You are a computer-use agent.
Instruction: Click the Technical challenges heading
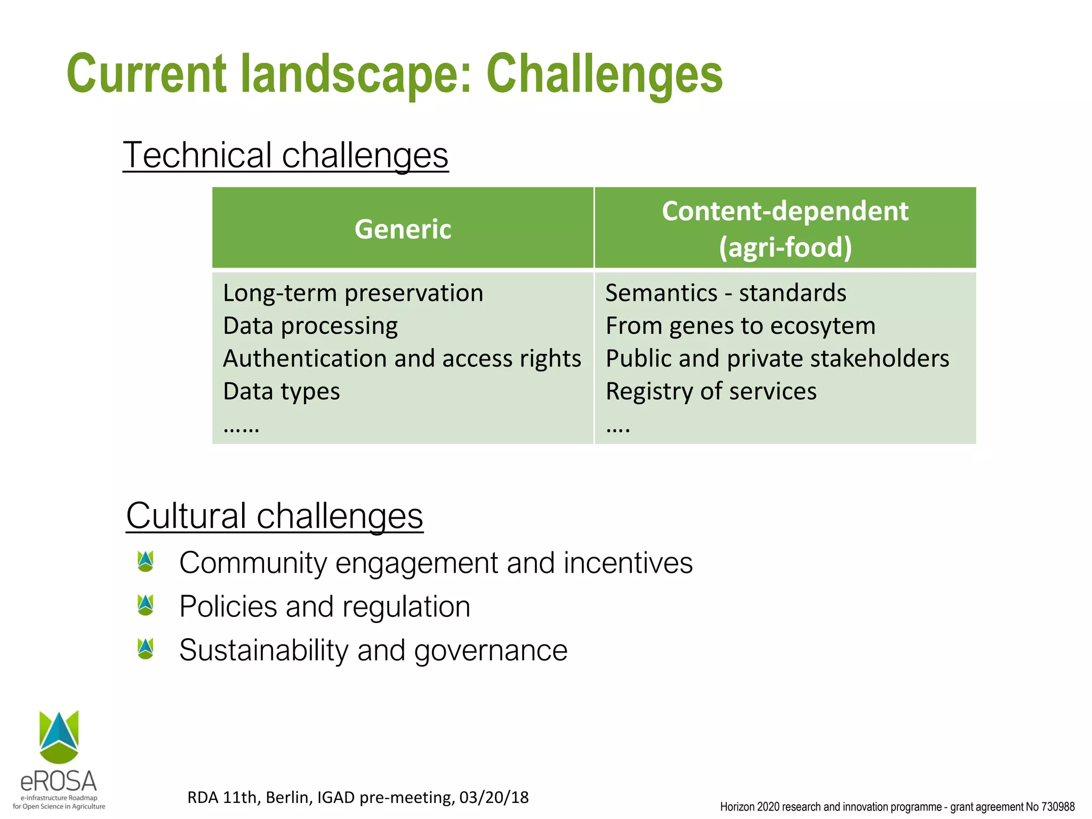tap(286, 155)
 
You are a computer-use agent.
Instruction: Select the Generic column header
tap(403, 229)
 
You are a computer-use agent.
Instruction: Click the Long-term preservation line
tap(353, 293)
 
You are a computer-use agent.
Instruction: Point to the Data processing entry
tap(310, 326)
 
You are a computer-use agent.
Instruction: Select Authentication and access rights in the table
tap(402, 358)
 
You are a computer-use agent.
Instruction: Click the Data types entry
tap(282, 391)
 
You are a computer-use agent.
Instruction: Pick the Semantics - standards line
tap(726, 293)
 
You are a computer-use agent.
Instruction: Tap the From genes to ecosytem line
tap(741, 326)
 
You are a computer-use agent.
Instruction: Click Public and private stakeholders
tap(777, 358)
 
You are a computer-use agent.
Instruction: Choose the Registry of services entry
tap(711, 391)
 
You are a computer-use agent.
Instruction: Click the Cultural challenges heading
tap(275, 516)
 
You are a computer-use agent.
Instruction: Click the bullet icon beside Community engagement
tap(146, 561)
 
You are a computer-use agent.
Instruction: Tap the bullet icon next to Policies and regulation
tap(146, 605)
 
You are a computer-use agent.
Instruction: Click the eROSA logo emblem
tap(59, 737)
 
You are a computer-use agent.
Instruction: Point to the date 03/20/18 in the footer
tap(494, 797)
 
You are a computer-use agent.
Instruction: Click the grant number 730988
tap(1058, 807)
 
